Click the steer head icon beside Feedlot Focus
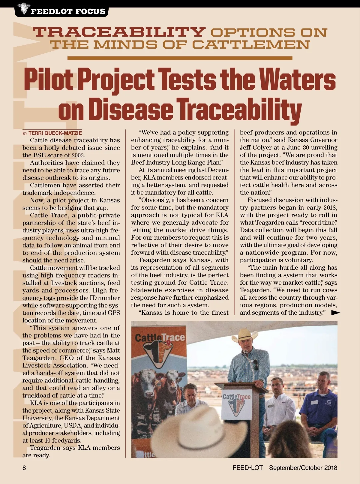point(22,8)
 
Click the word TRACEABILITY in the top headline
point(119,32)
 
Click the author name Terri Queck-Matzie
point(55,133)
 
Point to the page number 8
point(24,468)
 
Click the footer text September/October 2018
point(303,468)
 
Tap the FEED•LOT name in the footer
point(247,468)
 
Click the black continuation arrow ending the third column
point(335,313)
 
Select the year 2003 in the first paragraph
point(78,156)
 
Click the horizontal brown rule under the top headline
point(180,58)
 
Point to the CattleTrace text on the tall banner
point(160,338)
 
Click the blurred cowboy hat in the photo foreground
point(207,429)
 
